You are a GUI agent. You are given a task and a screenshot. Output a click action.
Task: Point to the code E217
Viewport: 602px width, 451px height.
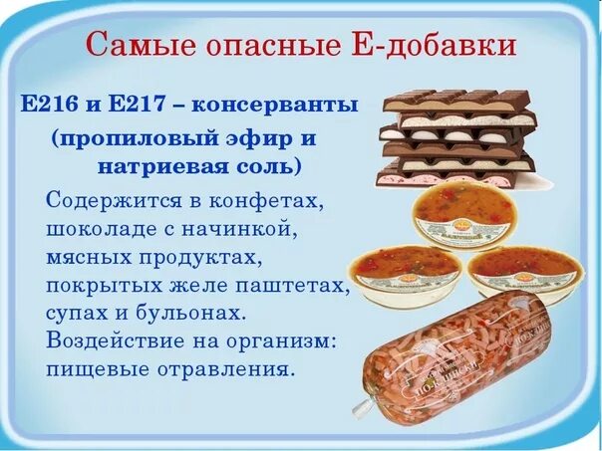[x=145, y=105]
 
